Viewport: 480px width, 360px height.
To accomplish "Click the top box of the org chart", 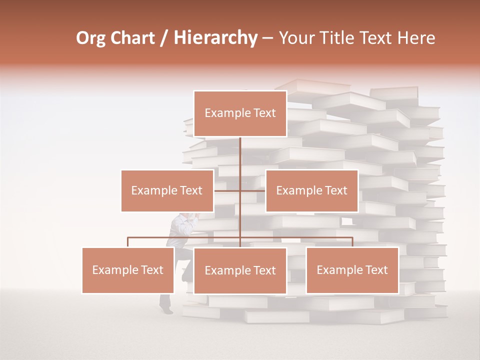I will click(240, 113).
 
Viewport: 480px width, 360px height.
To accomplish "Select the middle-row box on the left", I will click(167, 190).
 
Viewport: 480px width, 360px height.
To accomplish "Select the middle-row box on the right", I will click(311, 190).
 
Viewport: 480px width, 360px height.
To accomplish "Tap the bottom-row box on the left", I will click(128, 270).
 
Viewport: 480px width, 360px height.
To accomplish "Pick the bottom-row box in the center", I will click(240, 270).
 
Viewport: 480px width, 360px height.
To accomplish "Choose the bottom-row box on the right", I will click(352, 270).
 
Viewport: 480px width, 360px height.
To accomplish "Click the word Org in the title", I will click(90, 38).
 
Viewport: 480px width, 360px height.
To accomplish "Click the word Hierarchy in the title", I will click(215, 38).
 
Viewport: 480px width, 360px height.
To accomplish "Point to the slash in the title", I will click(163, 38).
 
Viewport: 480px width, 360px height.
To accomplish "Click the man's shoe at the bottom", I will click(167, 310).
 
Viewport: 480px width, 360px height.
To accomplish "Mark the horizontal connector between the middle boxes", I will click(240, 190).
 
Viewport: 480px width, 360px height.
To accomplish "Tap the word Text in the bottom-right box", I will click(376, 270).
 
